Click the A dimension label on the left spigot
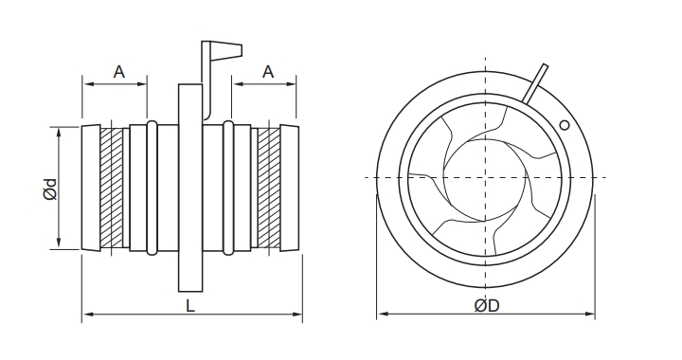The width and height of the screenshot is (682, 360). pos(118,71)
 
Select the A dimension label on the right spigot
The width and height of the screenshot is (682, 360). pos(268,71)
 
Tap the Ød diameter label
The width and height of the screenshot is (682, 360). pos(50,189)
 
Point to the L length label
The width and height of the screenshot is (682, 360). pos(190,307)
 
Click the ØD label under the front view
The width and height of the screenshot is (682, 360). pos(486,307)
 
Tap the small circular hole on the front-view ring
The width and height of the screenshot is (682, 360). pos(565,125)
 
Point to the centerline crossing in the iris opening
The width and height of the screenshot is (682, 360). pos(486,178)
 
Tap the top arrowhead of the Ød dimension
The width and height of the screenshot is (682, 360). pos(62,130)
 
